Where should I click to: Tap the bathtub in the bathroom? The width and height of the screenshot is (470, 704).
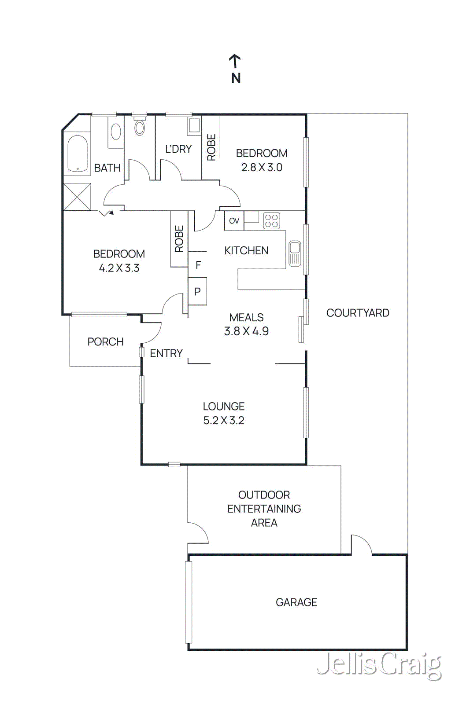(78, 153)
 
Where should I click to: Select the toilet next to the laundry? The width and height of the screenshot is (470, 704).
(140, 127)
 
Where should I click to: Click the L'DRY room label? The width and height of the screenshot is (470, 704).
(178, 149)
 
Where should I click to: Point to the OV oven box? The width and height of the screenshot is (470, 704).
(234, 221)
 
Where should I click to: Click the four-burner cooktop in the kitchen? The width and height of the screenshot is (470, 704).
(271, 221)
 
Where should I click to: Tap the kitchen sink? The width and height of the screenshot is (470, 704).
(295, 253)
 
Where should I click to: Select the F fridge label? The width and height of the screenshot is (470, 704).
(198, 265)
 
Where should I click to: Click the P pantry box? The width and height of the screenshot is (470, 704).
(197, 291)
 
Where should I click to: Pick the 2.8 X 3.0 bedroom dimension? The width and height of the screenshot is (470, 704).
(262, 168)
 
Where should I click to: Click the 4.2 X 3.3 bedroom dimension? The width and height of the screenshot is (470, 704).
(119, 268)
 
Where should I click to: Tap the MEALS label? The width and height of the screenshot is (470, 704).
(246, 317)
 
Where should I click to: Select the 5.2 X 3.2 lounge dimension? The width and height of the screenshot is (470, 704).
(223, 420)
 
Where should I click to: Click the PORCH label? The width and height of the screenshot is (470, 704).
(105, 342)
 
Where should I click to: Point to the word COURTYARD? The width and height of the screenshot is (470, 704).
(358, 313)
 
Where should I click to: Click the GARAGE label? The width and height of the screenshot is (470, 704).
(296, 602)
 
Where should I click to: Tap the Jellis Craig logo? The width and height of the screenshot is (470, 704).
(379, 665)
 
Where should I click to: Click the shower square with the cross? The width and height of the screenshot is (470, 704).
(78, 197)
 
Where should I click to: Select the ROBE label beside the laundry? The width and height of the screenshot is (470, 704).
(211, 147)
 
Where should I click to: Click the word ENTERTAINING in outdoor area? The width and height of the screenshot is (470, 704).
(264, 509)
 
